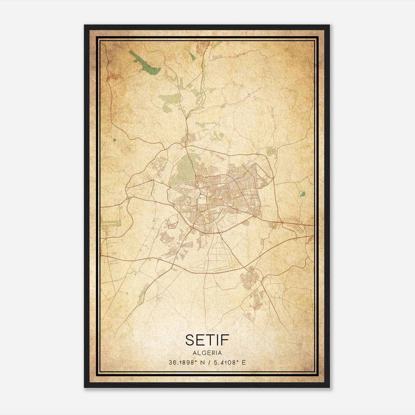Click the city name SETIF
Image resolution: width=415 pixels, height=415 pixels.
point(207,340)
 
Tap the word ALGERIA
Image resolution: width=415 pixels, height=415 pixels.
point(207,353)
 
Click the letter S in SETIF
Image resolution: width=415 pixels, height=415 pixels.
point(190,340)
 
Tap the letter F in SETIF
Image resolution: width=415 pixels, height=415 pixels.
point(225,340)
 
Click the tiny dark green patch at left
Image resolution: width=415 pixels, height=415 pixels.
point(114,140)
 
